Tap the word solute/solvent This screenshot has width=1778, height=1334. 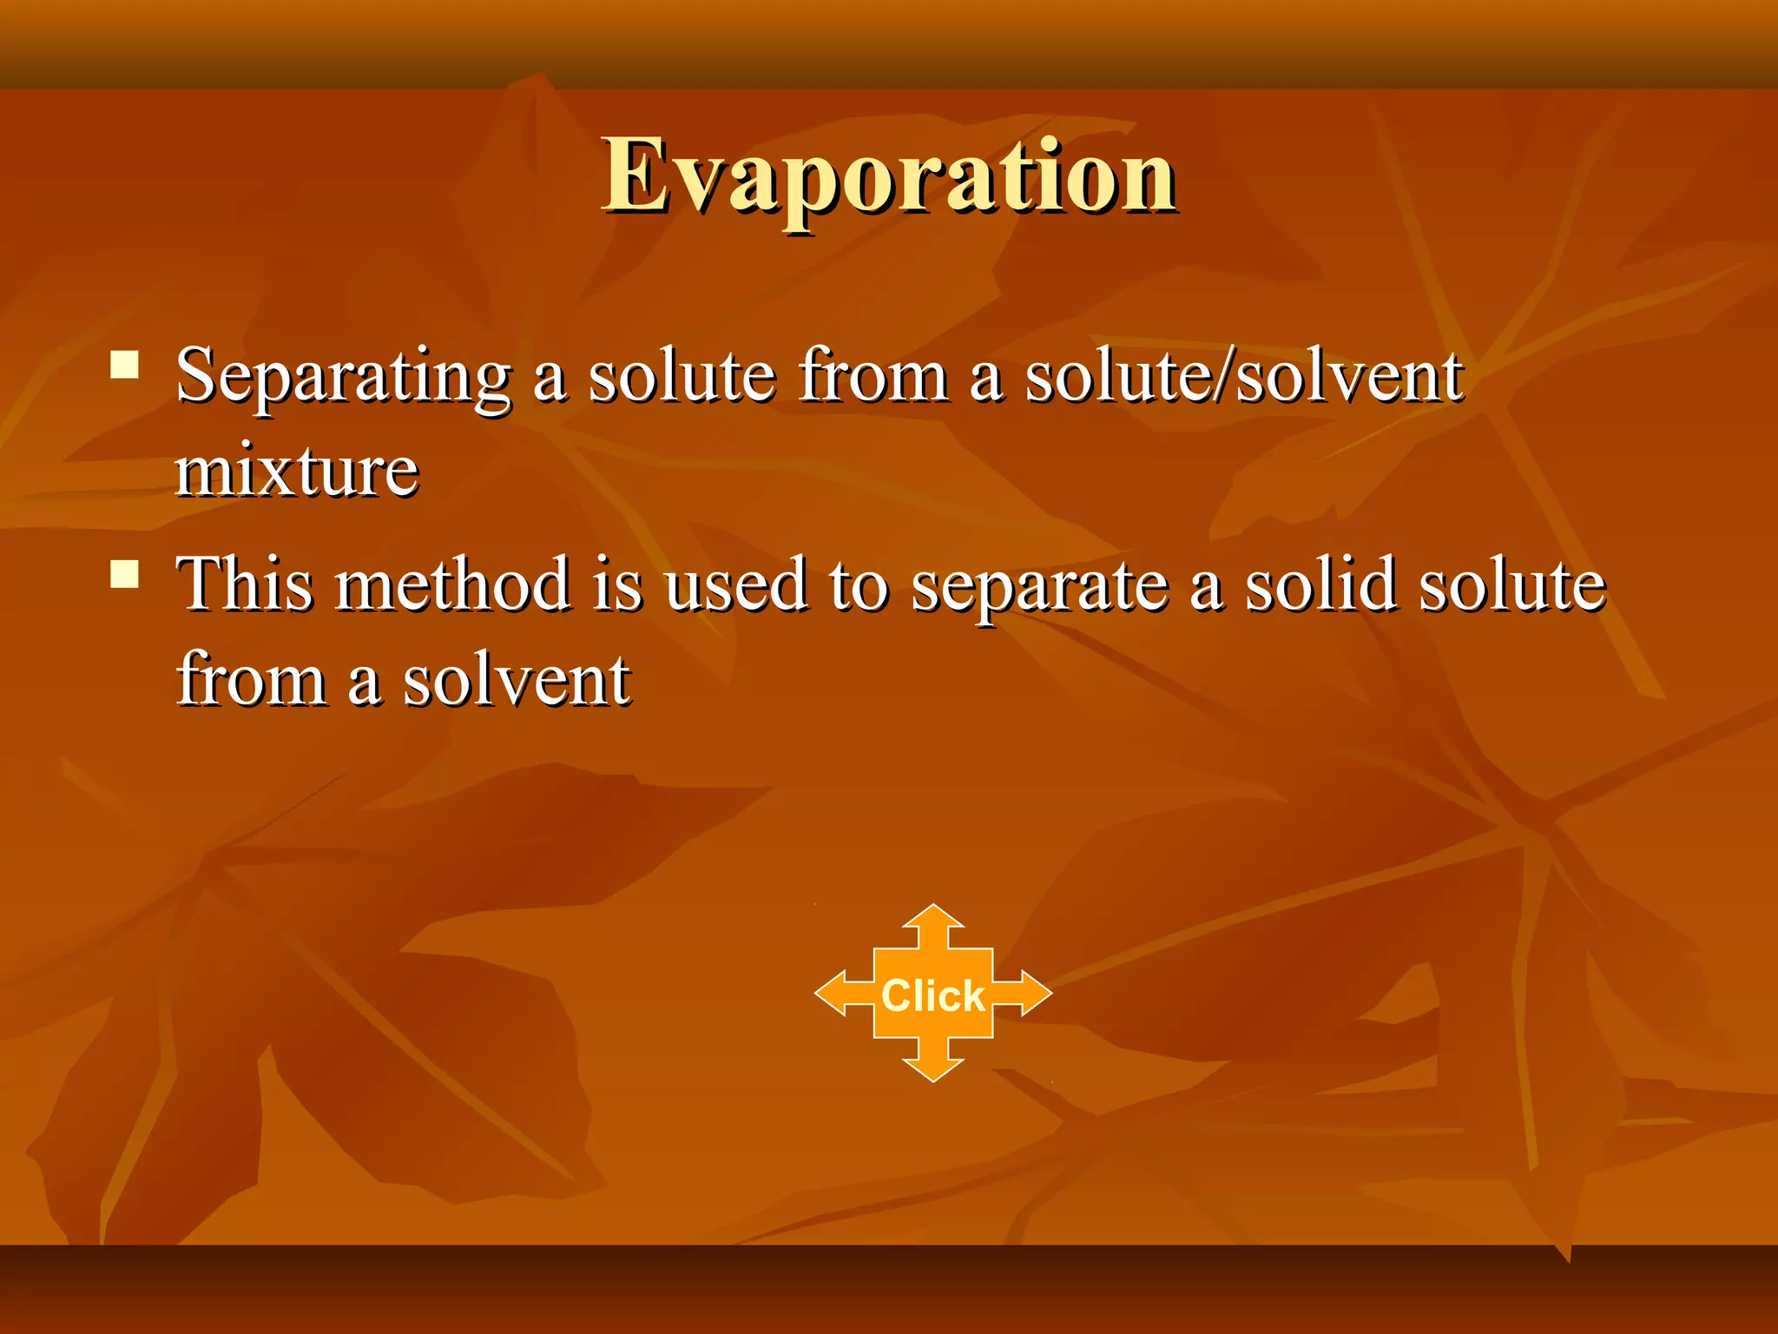point(1244,376)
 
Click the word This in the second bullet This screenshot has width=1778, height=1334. point(245,584)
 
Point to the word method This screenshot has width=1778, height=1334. point(453,584)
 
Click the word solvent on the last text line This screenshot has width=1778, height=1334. point(517,681)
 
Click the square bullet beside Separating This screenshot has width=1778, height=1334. point(126,365)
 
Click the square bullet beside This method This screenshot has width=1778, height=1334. point(126,574)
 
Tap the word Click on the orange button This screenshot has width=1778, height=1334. point(933,995)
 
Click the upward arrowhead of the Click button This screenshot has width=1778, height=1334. point(933,918)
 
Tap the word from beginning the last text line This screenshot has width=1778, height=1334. point(252,679)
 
